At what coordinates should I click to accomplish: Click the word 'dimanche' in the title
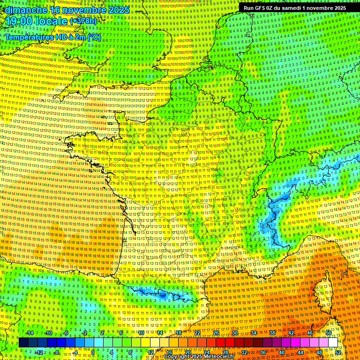click(24, 10)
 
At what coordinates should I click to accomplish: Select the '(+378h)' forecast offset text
click(83, 21)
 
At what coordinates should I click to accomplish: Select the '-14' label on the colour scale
click(30, 333)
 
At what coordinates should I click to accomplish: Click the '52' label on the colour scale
click(338, 352)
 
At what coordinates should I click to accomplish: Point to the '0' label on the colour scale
click(93, 352)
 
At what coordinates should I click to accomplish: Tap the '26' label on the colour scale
click(216, 333)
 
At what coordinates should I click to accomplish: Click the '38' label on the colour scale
click(272, 333)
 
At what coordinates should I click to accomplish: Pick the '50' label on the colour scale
click(329, 333)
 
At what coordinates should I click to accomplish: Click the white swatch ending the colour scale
click(333, 343)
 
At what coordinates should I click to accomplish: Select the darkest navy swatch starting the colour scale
click(23, 343)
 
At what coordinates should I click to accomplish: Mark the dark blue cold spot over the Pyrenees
click(162, 295)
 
